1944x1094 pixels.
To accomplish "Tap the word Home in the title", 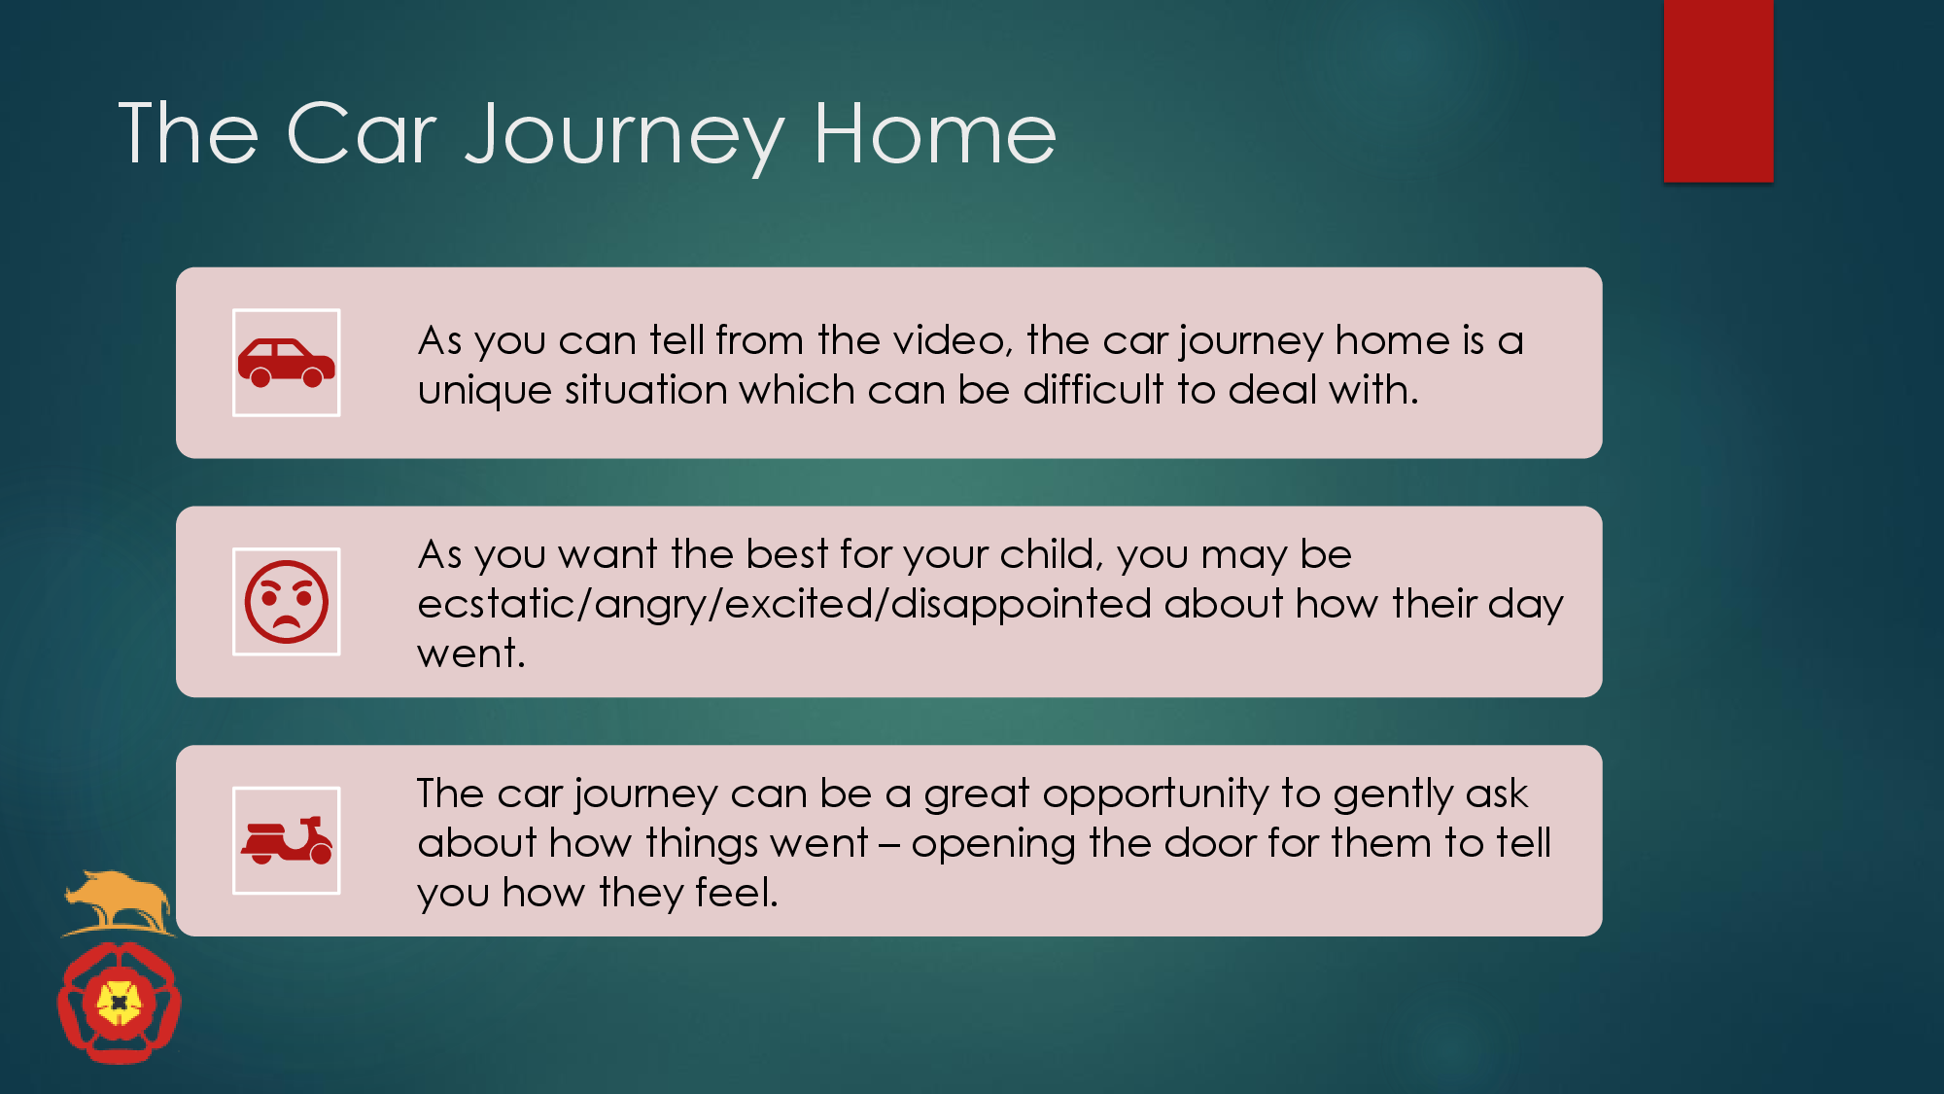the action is click(934, 133).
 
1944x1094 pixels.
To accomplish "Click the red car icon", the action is click(286, 363).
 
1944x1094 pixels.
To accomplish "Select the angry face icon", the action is click(286, 602).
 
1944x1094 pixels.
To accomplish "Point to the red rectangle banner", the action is click(1718, 90).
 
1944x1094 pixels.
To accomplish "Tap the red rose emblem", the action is click(119, 1003).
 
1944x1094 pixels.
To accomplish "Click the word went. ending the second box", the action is click(471, 653).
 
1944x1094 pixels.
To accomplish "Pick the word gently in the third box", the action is click(1393, 794).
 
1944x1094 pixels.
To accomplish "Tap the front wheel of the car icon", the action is click(313, 377).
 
